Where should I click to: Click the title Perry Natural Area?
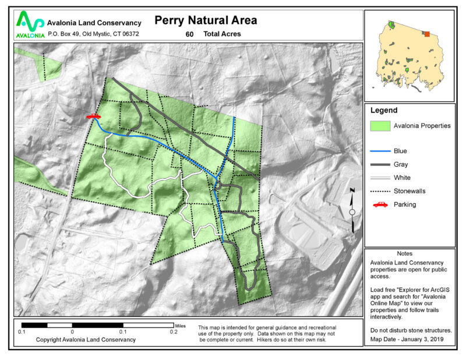point(206,20)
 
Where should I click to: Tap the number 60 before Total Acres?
point(189,34)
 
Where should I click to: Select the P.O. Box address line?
point(93,34)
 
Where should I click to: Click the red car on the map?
point(93,117)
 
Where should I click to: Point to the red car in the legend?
point(380,204)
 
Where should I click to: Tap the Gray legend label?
point(401,164)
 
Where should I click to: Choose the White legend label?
point(402,178)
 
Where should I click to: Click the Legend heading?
point(384,110)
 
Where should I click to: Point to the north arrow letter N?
point(352,191)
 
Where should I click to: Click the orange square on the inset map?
point(427,34)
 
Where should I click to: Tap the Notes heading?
point(404,254)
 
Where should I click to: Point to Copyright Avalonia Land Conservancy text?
point(86,339)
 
